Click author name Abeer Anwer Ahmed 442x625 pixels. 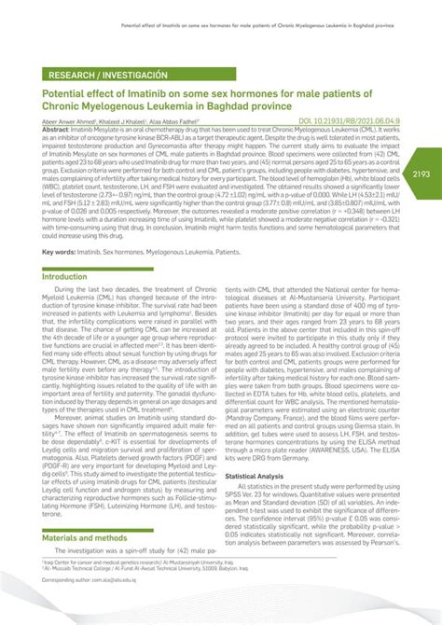(67, 121)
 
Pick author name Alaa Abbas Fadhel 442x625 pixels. (185, 121)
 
